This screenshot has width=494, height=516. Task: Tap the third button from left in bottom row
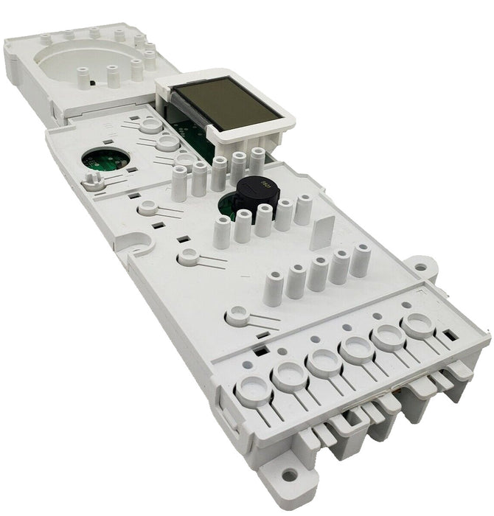pyautogui.click(x=323, y=361)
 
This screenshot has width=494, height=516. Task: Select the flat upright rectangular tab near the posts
pyautogui.click(x=321, y=234)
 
